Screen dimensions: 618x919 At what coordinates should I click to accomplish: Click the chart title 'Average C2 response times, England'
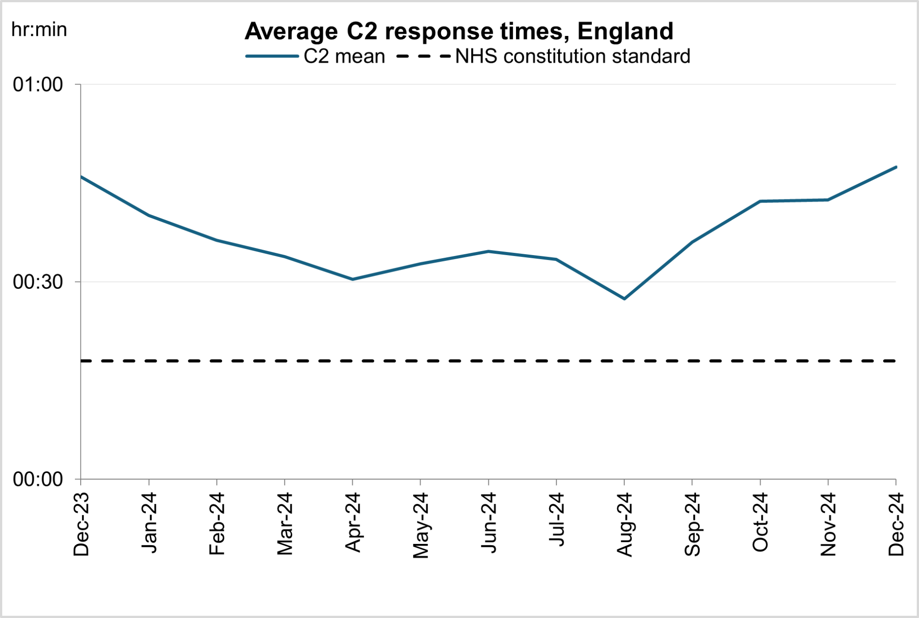click(x=459, y=31)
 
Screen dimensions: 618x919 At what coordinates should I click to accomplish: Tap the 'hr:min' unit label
click(x=39, y=30)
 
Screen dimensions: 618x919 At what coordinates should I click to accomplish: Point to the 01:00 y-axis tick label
click(x=38, y=84)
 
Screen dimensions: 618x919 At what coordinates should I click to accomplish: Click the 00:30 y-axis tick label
click(x=38, y=282)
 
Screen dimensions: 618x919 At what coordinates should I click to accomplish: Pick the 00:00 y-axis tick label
click(x=38, y=479)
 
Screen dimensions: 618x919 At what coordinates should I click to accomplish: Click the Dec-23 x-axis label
click(x=81, y=524)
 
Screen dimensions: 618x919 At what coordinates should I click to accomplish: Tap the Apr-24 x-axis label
click(x=353, y=522)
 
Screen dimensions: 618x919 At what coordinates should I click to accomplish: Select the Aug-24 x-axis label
click(x=624, y=525)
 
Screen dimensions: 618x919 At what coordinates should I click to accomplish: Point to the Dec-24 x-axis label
click(x=896, y=524)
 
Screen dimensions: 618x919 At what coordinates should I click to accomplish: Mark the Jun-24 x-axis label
click(x=489, y=523)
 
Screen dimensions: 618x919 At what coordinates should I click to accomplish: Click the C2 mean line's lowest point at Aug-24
click(x=624, y=299)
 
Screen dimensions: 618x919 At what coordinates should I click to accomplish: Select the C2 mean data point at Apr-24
click(x=353, y=279)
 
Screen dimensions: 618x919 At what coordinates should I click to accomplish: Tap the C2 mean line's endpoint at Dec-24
click(x=896, y=167)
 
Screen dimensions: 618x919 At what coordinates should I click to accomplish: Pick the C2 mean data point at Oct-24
click(x=760, y=201)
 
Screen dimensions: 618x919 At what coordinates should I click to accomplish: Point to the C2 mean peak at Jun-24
click(x=489, y=251)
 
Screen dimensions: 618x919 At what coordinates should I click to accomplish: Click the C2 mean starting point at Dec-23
click(x=81, y=177)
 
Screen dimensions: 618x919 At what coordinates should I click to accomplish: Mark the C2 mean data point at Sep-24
click(x=692, y=242)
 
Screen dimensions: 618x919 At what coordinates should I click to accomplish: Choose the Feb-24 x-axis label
click(x=217, y=523)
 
